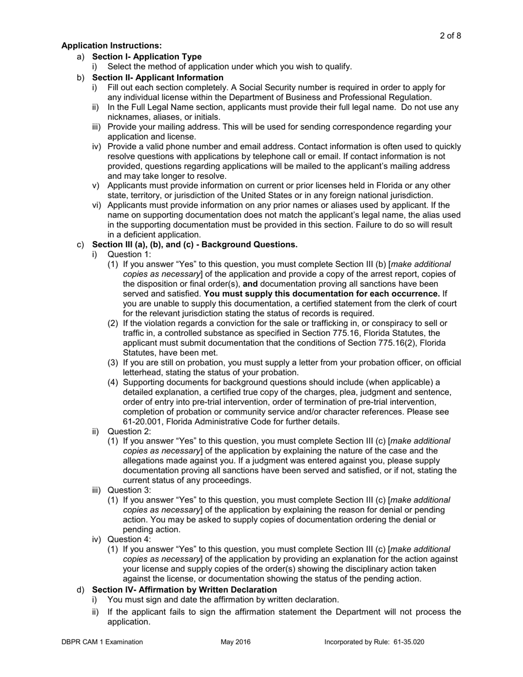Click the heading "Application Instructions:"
pyautogui.click(x=111, y=46)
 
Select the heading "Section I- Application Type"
pyautogui.click(x=146, y=57)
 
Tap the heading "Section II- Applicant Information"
pyautogui.click(x=157, y=78)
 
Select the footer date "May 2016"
pyautogui.click(x=236, y=642)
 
